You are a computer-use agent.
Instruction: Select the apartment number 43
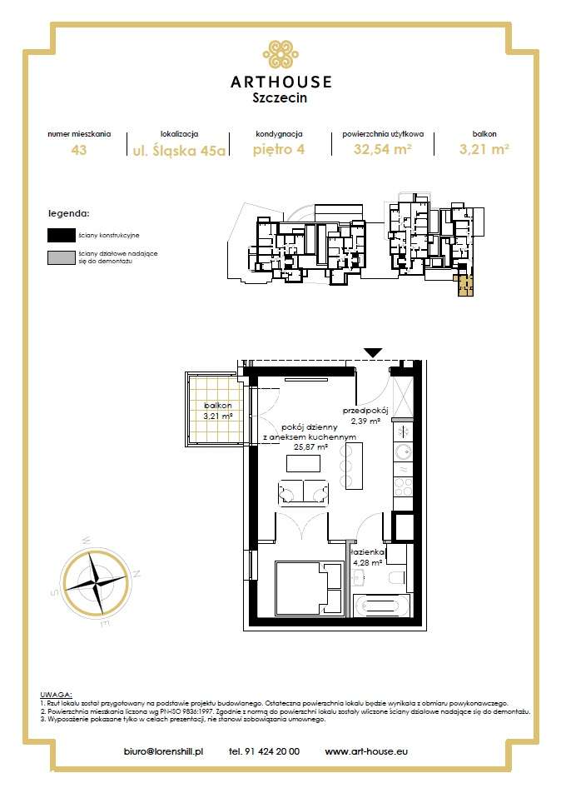coord(79,150)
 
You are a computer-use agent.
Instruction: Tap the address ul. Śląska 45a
coord(178,150)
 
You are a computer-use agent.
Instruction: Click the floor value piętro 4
coord(278,150)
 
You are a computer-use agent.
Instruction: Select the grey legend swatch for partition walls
coord(60,257)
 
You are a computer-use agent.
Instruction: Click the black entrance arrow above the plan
coord(374,353)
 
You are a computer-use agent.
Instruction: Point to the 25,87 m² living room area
coord(310,446)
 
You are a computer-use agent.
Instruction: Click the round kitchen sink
coord(401,452)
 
